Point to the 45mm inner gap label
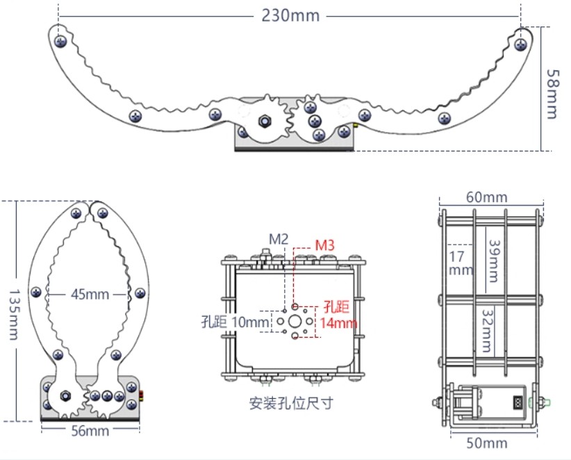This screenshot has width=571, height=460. click(x=90, y=294)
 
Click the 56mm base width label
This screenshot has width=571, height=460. click(x=90, y=432)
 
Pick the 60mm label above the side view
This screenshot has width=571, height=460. click(x=486, y=197)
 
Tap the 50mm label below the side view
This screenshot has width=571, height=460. click(x=486, y=443)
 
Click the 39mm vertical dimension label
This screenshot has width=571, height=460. click(x=493, y=261)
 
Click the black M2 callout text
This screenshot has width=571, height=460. click(x=279, y=239)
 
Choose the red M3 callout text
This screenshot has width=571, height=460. click(x=326, y=245)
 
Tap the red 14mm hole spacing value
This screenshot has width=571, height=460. click(x=338, y=322)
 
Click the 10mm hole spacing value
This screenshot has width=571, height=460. click(x=249, y=322)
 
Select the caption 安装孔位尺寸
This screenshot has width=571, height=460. click(x=290, y=403)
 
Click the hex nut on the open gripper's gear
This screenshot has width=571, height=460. click(x=265, y=122)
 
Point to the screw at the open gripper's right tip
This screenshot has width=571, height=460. click(x=520, y=44)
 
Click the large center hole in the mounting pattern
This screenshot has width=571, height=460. click(x=295, y=321)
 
